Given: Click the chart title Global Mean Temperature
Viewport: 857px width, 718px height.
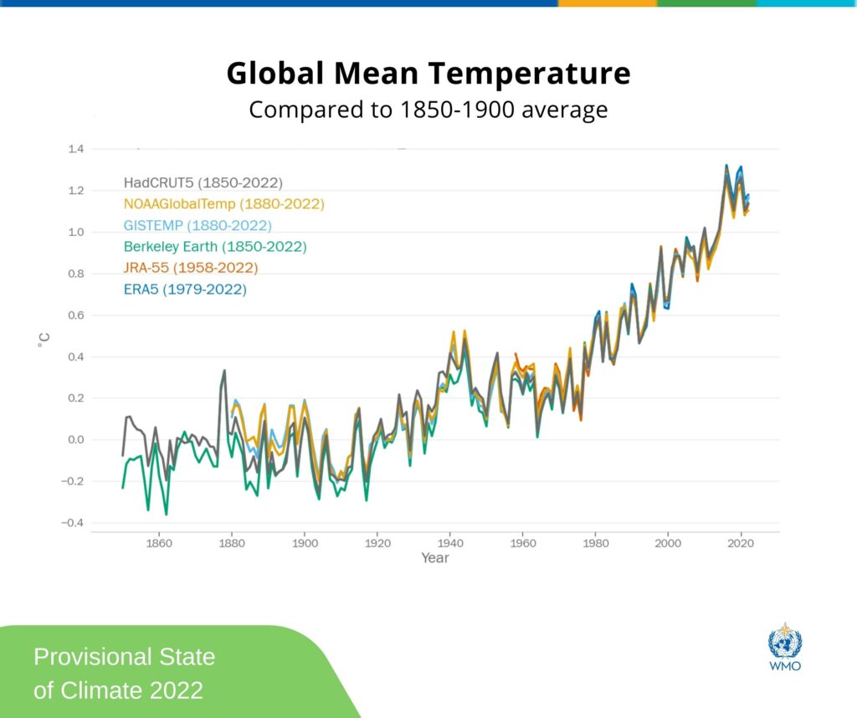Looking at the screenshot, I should click(428, 74).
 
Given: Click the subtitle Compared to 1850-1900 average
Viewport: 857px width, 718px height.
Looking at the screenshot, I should click(428, 110).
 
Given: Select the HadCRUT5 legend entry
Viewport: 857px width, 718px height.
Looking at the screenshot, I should click(203, 182).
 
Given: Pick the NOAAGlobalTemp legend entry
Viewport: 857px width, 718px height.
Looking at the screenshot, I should click(223, 203).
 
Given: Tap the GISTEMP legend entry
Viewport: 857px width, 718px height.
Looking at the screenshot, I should click(197, 225).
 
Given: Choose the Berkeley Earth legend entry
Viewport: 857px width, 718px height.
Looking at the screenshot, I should click(215, 247).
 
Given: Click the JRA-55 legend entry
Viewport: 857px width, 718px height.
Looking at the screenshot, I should click(190, 268).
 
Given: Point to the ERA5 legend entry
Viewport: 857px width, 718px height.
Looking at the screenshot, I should click(185, 290).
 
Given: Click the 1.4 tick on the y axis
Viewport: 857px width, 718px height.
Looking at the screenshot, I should click(75, 149).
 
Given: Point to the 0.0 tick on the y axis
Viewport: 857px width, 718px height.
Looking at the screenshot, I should click(75, 440).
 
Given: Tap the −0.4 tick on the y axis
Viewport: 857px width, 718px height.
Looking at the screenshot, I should click(73, 523).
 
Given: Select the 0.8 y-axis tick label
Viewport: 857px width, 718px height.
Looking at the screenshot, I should click(75, 274).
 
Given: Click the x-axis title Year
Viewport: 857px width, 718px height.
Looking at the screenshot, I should click(435, 558).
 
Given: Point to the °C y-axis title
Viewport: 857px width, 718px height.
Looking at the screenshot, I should click(43, 339).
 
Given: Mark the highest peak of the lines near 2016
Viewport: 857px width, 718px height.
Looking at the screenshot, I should click(726, 166).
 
